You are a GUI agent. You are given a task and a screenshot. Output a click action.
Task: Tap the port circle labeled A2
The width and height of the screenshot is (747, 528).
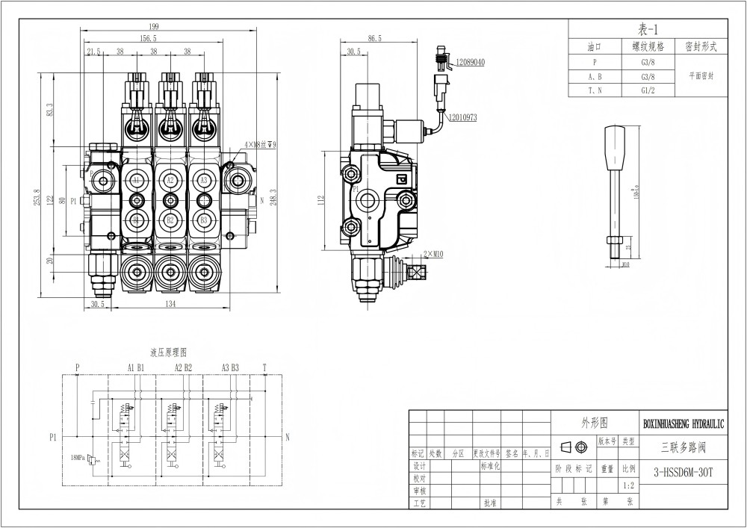click(170, 181)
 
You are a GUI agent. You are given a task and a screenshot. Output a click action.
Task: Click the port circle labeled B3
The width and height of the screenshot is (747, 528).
click(203, 220)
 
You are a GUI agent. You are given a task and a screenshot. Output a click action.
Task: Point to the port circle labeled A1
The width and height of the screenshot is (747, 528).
click(136, 181)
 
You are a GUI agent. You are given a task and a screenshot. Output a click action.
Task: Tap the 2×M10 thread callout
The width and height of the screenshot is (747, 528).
click(433, 255)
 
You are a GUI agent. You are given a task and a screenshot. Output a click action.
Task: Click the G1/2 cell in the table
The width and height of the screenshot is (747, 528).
click(648, 90)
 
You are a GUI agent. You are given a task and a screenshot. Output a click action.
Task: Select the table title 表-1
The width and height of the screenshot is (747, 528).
click(647, 30)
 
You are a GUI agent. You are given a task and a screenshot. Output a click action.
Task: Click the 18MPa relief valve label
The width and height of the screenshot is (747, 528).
click(81, 456)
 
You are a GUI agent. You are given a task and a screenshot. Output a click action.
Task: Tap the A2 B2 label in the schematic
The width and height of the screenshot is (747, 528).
click(183, 367)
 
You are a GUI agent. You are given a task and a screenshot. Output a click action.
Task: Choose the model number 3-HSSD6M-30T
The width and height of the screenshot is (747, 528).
click(683, 471)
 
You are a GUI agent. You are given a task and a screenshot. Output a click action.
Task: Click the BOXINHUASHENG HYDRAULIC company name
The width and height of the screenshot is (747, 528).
click(684, 423)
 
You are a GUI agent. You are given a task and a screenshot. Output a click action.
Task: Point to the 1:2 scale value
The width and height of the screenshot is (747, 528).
click(629, 485)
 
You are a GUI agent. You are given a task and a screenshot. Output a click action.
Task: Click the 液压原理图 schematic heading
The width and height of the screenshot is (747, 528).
click(168, 351)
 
